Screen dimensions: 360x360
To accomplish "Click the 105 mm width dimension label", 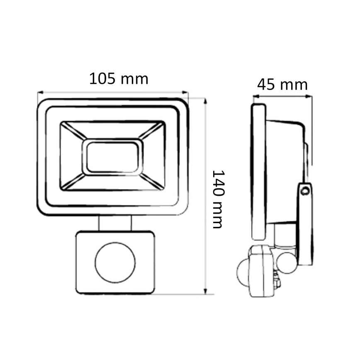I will point(119,78).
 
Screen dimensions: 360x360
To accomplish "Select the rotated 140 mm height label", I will point(218,199).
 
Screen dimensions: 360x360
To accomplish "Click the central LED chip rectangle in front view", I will point(112,157).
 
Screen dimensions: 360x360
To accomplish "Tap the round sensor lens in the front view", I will point(115,263).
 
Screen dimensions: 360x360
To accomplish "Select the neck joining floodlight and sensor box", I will point(115,223).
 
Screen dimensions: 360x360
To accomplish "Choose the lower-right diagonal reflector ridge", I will point(152,182).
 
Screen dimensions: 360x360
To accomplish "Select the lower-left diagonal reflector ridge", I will point(73,182).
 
